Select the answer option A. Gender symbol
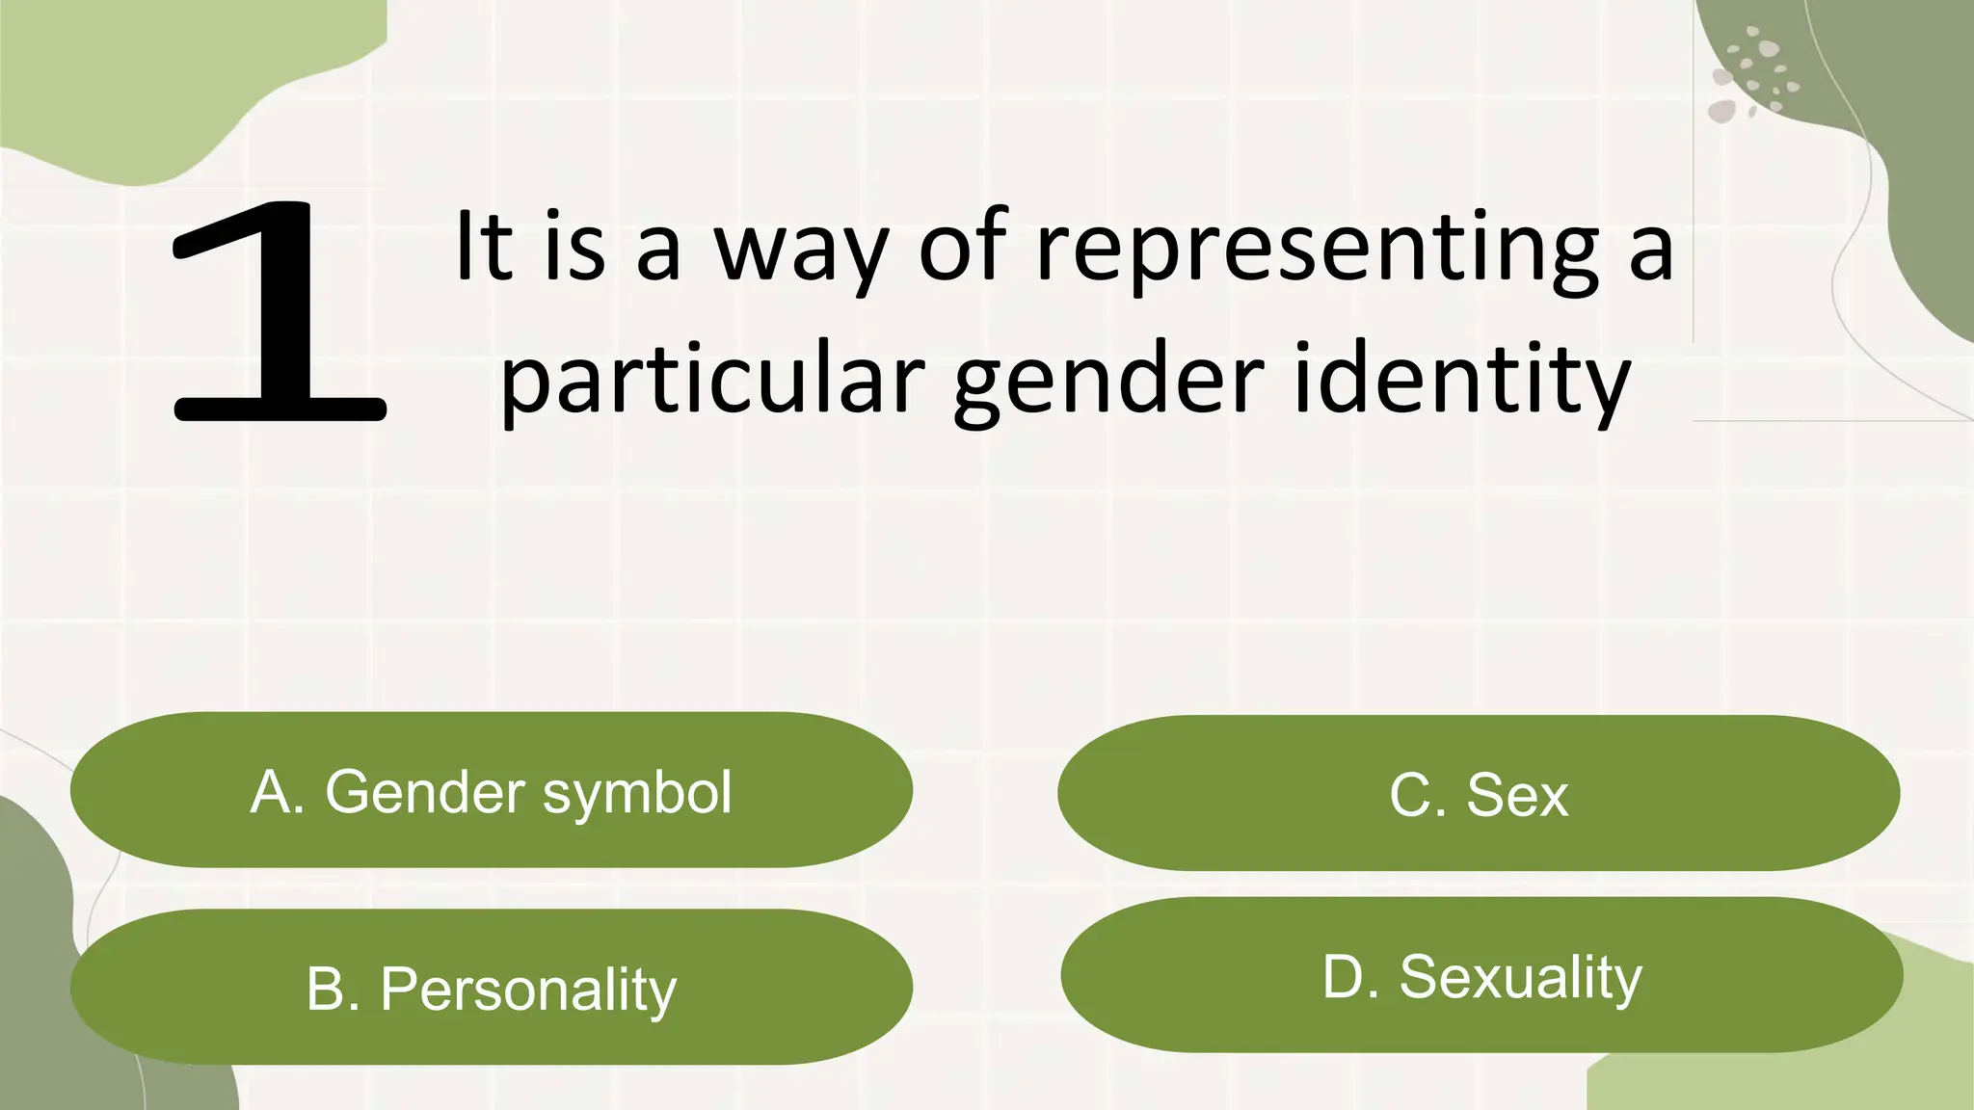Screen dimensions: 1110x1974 pyautogui.click(x=492, y=790)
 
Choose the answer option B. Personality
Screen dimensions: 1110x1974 pyautogui.click(x=492, y=987)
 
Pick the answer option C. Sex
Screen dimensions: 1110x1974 pyautogui.click(x=1479, y=793)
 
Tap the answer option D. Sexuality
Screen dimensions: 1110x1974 pyautogui.click(x=1481, y=975)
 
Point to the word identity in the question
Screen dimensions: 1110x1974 pyautogui.click(x=1461, y=379)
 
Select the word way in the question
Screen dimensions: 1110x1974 pyautogui.click(x=799, y=249)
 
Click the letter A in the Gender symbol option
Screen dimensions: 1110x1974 pyautogui.click(x=273, y=792)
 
